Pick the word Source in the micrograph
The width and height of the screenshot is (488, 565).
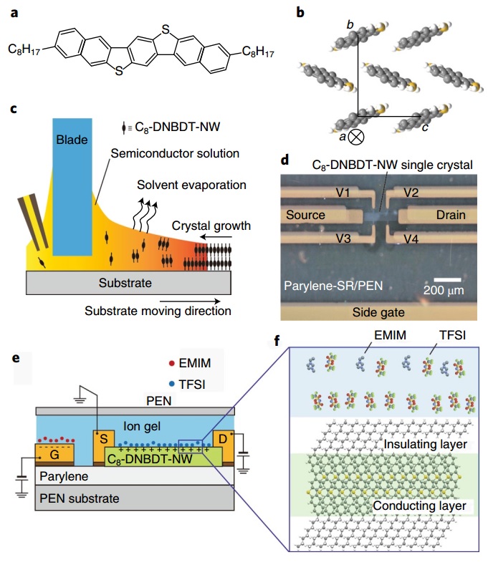coord(307,215)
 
